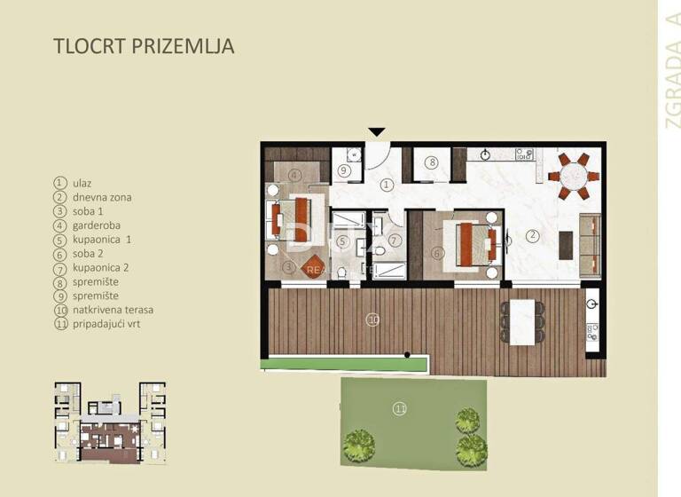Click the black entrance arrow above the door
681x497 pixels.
coord(377,132)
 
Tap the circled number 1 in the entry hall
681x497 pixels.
coord(387,185)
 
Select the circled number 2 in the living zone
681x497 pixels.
coord(532,236)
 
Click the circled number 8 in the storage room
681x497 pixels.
coord(430,162)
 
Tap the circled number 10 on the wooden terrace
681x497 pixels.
coord(372,319)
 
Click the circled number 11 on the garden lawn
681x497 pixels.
coord(400,408)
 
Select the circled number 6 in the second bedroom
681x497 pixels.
coord(437,252)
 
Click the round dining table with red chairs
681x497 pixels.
coord(569,176)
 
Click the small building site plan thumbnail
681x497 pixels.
coord(109,422)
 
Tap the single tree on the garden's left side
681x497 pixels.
coord(358,441)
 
